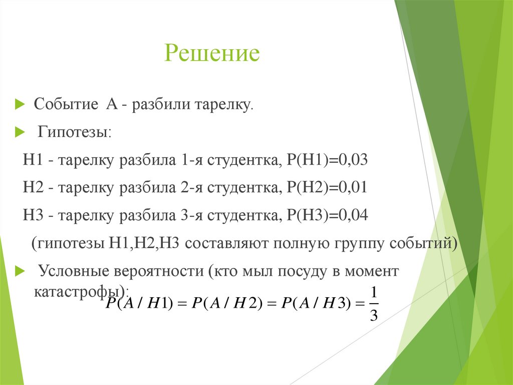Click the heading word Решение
[212, 53]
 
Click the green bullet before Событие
[20, 105]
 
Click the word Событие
[66, 105]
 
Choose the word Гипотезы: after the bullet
[76, 133]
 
